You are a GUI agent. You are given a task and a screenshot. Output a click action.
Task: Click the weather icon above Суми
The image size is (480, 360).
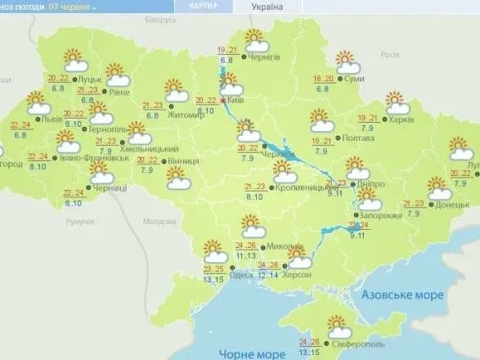point(348,62)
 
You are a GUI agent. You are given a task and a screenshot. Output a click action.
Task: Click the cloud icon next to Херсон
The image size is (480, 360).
point(299,262)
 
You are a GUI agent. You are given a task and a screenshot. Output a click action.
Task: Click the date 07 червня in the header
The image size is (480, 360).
point(70,6)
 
